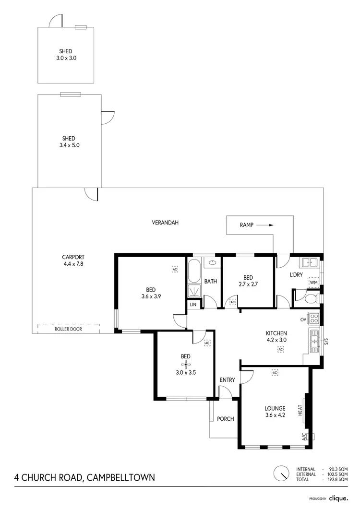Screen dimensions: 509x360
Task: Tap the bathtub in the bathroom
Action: pyautogui.click(x=194, y=271)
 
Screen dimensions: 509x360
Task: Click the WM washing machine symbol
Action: pyautogui.click(x=314, y=283)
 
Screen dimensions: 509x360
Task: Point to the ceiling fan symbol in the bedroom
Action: pyautogui.click(x=185, y=365)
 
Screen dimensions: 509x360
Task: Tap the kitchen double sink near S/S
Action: pyautogui.click(x=315, y=341)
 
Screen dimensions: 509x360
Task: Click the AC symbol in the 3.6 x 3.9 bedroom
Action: pyautogui.click(x=175, y=270)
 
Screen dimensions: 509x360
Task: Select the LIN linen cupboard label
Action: pyautogui.click(x=193, y=305)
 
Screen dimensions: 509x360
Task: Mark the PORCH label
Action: pyautogui.click(x=225, y=419)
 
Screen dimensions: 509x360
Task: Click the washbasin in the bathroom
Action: pyautogui.click(x=212, y=263)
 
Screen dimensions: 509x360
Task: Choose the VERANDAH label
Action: pyautogui.click(x=165, y=223)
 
